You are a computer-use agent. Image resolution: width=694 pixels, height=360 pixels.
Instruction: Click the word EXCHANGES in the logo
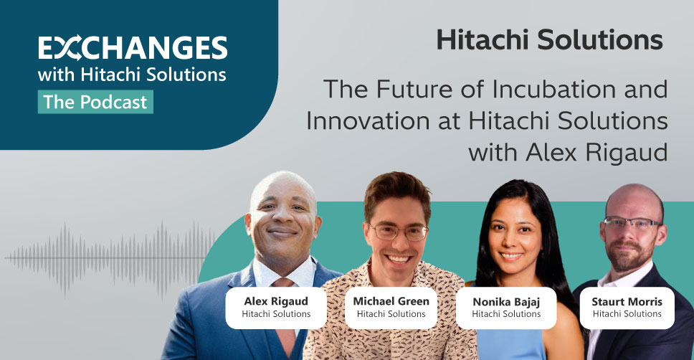click(x=133, y=47)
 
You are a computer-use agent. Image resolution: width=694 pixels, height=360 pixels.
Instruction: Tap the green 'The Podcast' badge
click(x=95, y=102)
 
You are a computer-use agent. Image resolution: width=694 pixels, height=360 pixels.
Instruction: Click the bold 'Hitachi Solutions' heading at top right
click(x=549, y=39)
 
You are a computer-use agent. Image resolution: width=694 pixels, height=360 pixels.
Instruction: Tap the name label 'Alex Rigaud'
click(x=276, y=301)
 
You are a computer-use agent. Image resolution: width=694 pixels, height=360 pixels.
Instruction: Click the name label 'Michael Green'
click(x=391, y=301)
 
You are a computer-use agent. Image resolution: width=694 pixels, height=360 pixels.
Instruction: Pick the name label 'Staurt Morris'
click(x=627, y=302)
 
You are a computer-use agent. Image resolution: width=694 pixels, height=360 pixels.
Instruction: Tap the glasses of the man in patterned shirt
click(x=399, y=232)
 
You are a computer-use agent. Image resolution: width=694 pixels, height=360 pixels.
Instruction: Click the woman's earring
click(x=543, y=255)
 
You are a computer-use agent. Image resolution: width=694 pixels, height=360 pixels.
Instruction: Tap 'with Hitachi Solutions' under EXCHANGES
click(x=132, y=75)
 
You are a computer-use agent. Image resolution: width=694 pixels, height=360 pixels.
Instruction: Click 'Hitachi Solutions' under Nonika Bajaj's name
click(x=506, y=314)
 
